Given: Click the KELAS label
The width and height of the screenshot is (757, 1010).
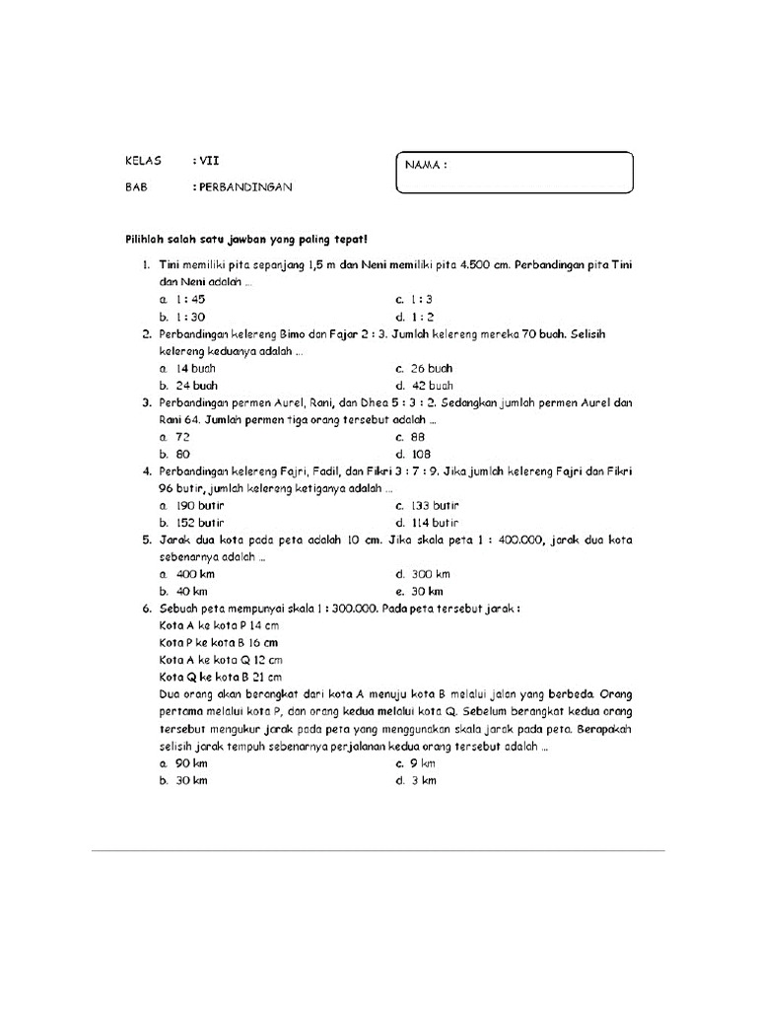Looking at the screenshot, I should [143, 160].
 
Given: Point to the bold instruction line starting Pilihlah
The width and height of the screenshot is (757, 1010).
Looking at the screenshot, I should [245, 240].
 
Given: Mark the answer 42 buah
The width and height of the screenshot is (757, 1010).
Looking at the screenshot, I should [432, 386].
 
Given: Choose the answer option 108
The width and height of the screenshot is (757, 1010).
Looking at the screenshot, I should [421, 454].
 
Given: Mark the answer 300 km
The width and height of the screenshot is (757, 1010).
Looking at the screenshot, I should [431, 574].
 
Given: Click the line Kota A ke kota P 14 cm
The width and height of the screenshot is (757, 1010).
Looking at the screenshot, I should [218, 625].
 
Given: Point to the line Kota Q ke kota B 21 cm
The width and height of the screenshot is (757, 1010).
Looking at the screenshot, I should [220, 677].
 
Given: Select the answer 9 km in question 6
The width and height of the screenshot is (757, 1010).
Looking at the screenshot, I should [423, 763].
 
